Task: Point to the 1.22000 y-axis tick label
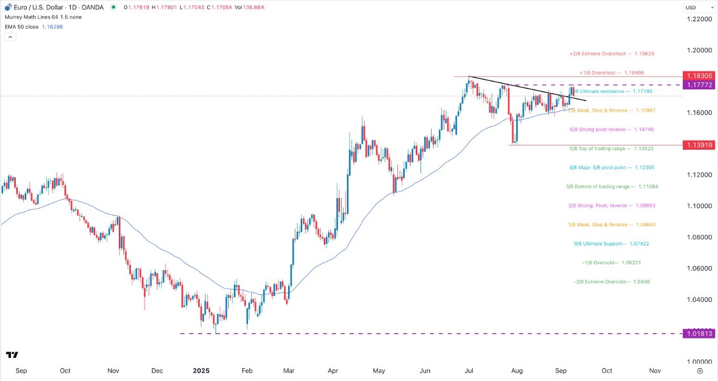pos(699,19)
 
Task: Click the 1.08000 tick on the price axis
pos(699,237)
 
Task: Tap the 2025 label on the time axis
pos(201,370)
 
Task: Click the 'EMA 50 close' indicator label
pos(21,27)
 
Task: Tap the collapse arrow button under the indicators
pos(10,37)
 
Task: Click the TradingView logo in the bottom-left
pos(13,355)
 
